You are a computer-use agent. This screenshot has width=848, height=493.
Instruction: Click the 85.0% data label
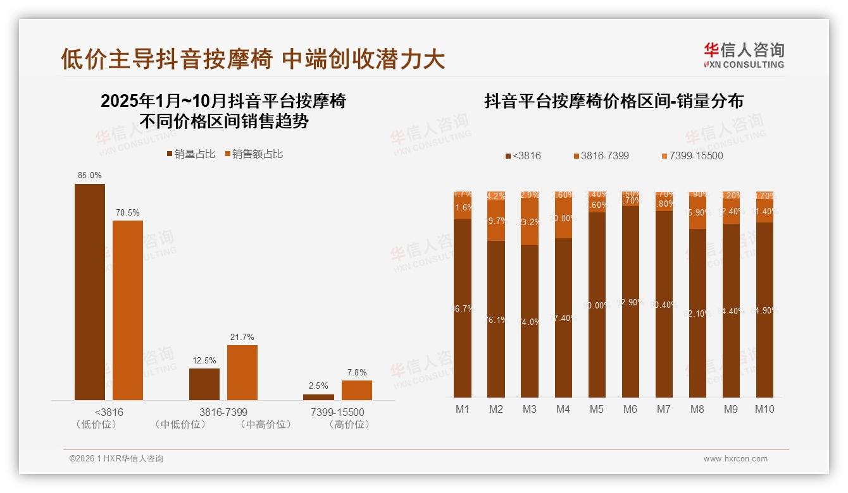[x=89, y=175]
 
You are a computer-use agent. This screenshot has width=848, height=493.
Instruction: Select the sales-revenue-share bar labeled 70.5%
[x=127, y=310]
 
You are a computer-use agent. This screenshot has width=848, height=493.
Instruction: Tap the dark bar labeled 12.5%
[x=204, y=384]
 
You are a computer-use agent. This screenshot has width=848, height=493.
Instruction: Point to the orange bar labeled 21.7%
[x=242, y=372]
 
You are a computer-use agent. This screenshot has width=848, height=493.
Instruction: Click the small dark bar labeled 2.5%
[x=318, y=397]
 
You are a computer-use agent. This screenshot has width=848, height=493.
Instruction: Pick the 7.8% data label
[x=357, y=372]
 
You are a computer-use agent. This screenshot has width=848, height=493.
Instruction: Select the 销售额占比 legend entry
[x=253, y=154]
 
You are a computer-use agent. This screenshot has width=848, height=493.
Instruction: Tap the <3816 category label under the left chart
[x=108, y=412]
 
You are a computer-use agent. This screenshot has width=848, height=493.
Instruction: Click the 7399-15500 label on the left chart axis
[x=337, y=412]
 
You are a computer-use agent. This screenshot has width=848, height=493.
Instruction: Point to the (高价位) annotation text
[x=349, y=425]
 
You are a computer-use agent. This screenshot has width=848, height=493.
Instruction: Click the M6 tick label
[x=630, y=409]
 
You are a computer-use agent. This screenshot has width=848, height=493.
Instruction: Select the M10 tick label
[x=764, y=409]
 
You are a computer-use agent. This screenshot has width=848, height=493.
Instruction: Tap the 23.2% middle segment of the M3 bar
[x=529, y=222]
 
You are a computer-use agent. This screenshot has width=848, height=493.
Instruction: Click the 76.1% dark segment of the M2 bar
[x=496, y=320]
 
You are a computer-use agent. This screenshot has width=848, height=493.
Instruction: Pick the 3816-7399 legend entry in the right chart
[x=601, y=155]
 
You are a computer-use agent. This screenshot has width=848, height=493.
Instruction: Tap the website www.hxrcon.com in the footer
[x=735, y=459]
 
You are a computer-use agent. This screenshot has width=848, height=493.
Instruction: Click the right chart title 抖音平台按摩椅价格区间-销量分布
[x=613, y=101]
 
